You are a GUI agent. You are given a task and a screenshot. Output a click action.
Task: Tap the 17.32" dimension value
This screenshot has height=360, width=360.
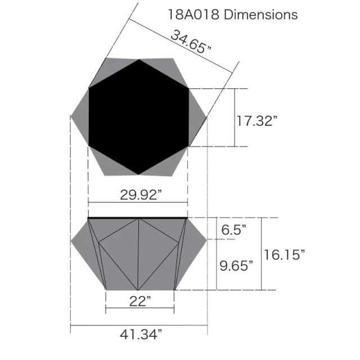pyautogui.click(x=256, y=121)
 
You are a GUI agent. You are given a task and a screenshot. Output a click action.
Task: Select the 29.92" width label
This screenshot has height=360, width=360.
pyautogui.click(x=141, y=195)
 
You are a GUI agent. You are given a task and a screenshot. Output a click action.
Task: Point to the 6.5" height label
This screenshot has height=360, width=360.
pyautogui.click(x=233, y=229)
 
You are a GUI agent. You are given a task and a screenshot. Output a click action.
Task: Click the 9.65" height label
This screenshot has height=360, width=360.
pyautogui.click(x=236, y=265)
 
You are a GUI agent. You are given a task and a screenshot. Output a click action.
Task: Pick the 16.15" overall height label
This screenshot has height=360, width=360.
pyautogui.click(x=285, y=255)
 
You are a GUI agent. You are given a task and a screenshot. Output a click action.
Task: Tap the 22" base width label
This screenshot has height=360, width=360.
pyautogui.click(x=140, y=301)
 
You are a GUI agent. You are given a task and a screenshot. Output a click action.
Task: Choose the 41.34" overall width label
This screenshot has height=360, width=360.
pyautogui.click(x=141, y=335)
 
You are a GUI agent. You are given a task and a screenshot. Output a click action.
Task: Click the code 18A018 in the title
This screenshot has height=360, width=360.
pyautogui.click(x=193, y=15)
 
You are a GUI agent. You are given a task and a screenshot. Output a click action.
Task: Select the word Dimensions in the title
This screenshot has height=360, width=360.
pyautogui.click(x=260, y=15)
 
